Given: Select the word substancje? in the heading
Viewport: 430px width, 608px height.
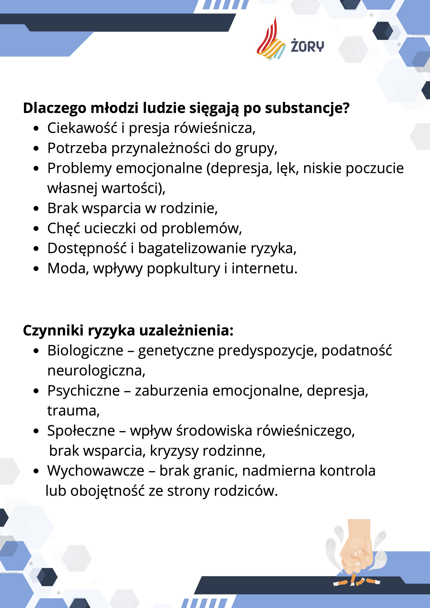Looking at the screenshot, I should click(x=307, y=108).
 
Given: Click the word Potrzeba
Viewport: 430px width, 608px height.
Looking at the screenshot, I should click(x=77, y=148).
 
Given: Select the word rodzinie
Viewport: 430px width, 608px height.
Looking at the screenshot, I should click(x=189, y=208).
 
